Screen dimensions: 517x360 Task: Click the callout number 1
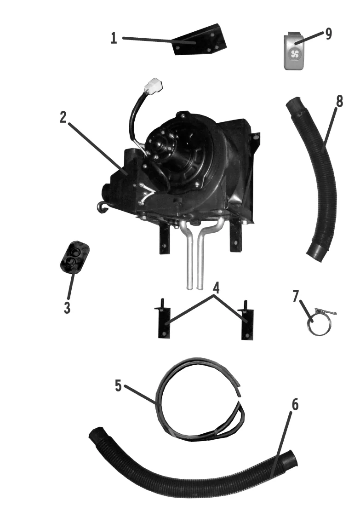(114, 38)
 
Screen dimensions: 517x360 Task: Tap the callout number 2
(64, 117)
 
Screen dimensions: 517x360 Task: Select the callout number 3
(67, 307)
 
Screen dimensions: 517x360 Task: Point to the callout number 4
(216, 288)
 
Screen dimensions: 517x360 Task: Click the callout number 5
(119, 385)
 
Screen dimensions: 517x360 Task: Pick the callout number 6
(295, 405)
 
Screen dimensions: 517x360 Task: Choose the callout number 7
(296, 296)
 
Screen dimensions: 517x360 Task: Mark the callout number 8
(339, 102)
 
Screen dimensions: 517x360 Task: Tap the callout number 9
(329, 34)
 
